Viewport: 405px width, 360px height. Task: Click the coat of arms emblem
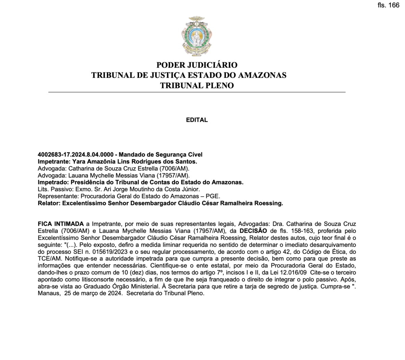(x=197, y=36)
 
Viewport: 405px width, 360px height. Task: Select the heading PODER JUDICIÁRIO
(x=197, y=65)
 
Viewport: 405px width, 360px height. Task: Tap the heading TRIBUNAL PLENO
(x=197, y=85)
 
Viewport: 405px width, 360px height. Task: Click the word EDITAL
(x=197, y=120)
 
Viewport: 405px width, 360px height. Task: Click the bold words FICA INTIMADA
(x=61, y=224)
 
